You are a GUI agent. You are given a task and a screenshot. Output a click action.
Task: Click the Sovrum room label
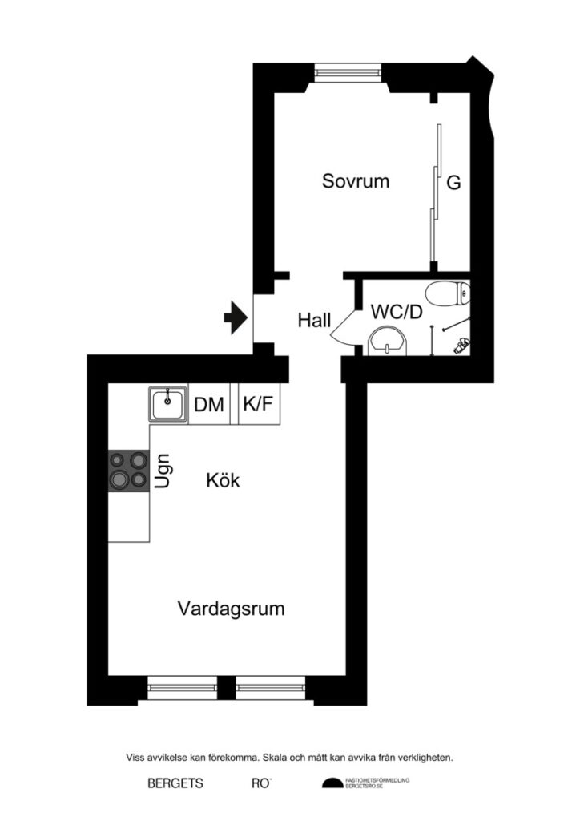(x=356, y=181)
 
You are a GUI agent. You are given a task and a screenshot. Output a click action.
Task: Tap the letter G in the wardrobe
(x=453, y=184)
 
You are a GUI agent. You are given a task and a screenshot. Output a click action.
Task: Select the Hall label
(x=314, y=321)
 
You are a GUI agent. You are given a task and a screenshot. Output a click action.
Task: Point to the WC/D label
(x=396, y=312)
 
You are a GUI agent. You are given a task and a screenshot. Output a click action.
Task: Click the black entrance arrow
(x=234, y=317)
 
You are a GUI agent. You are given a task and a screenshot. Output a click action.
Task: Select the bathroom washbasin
(x=389, y=341)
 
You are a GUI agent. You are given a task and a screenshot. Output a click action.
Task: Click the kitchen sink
(x=167, y=404)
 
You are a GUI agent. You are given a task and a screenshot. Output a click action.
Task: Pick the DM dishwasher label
(x=209, y=405)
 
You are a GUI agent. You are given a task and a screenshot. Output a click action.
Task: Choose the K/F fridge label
(x=257, y=405)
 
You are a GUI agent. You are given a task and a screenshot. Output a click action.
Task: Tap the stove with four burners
(x=128, y=470)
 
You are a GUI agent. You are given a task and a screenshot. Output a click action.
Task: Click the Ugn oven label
(x=163, y=471)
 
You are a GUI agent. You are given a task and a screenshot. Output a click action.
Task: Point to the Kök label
(x=223, y=481)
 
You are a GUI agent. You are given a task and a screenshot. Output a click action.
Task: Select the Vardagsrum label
(x=231, y=609)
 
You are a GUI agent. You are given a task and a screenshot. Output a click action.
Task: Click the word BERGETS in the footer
(x=175, y=783)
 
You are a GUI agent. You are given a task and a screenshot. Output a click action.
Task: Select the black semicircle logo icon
(x=332, y=783)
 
